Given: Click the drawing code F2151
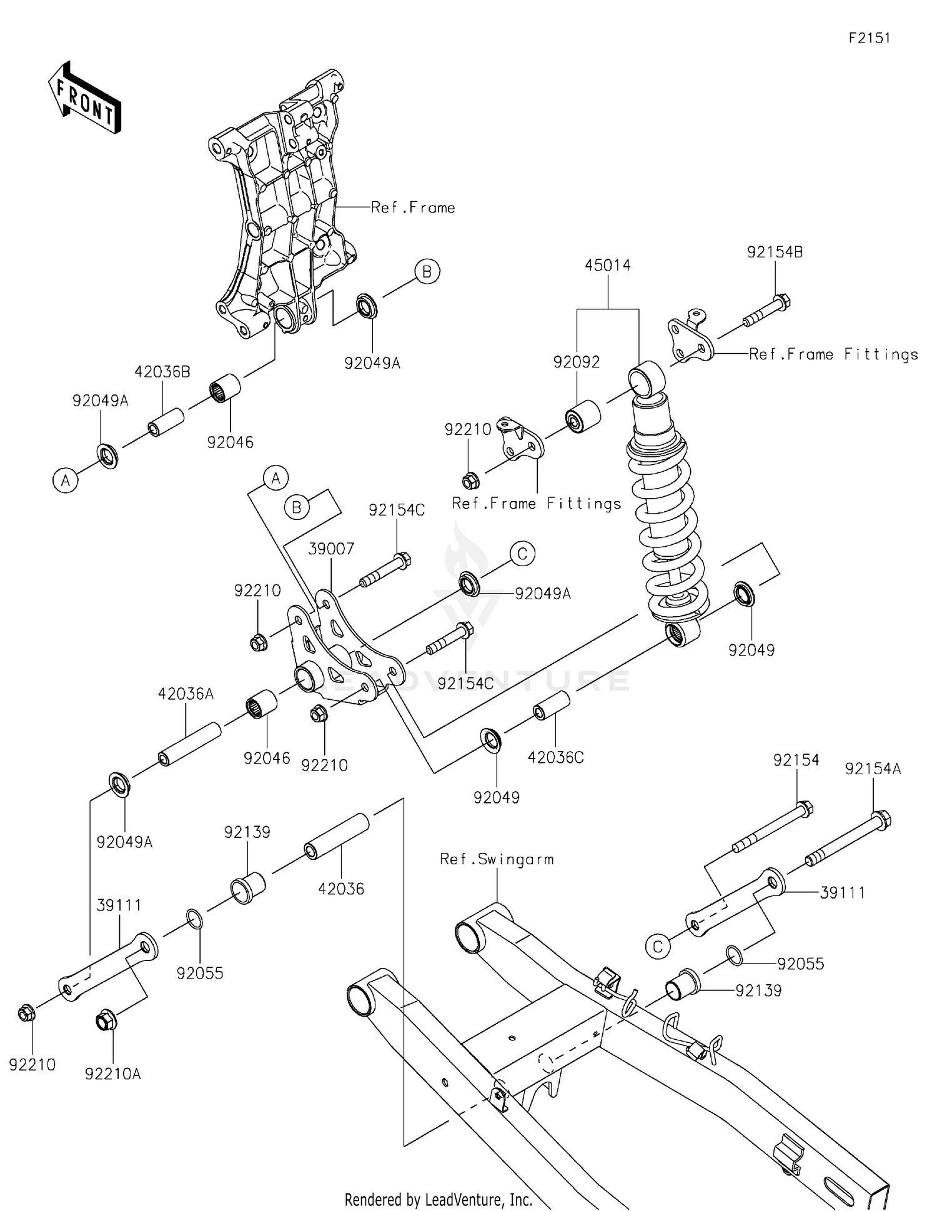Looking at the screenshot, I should point(870,37).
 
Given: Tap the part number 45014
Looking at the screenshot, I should point(608,265).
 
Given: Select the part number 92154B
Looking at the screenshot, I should point(775,252).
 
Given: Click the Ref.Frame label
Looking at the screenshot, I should point(413,207).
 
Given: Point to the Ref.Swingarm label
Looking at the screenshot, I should point(497,859).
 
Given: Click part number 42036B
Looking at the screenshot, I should point(162,372).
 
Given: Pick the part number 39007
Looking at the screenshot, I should point(331,549).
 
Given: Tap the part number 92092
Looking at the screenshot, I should point(577,362).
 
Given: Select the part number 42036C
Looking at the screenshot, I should point(555,757).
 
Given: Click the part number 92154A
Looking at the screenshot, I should point(873,769).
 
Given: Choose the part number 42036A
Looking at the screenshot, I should point(186,694).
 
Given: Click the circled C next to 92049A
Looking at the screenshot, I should point(522,554).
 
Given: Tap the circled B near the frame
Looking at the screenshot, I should point(427,271).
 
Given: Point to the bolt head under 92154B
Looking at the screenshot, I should point(782,302).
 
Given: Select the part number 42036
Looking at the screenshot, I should point(341,888).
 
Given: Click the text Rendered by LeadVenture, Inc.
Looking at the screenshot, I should point(438,1199).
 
